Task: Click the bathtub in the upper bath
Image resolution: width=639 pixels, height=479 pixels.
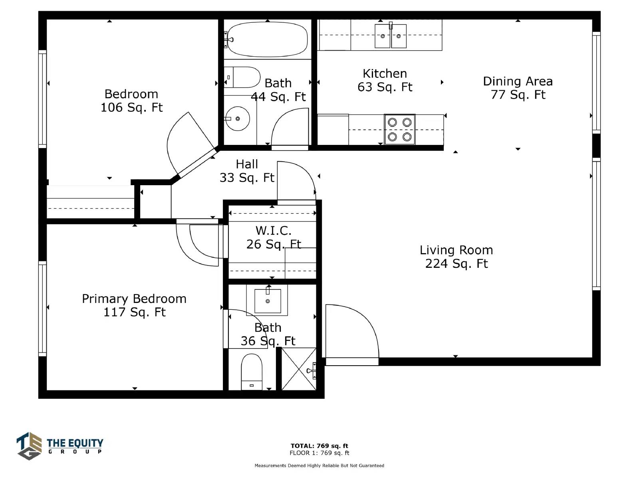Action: tap(267, 39)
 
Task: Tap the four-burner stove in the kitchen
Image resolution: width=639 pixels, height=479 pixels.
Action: tap(399, 129)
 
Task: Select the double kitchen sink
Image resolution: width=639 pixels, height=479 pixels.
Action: tap(390, 36)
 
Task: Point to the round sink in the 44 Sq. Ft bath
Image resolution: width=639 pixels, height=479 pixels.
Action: tap(238, 119)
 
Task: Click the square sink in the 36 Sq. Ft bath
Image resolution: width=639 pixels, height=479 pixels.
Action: tap(268, 301)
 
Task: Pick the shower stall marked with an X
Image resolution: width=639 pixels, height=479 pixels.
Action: tap(299, 369)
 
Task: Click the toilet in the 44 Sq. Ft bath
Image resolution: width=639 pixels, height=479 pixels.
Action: tap(242, 77)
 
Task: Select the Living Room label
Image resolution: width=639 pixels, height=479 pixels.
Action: tap(456, 250)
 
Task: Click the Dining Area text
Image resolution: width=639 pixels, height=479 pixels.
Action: tap(518, 81)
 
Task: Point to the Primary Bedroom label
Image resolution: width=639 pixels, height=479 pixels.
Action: tap(134, 299)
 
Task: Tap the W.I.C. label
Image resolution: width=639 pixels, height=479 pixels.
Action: tap(274, 231)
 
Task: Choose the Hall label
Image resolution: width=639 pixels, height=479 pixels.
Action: tap(247, 164)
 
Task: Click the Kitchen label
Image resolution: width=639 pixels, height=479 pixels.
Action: tap(385, 73)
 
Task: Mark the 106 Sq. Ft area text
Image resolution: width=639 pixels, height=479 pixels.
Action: tap(131, 108)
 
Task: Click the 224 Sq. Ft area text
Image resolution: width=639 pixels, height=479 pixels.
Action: tap(456, 264)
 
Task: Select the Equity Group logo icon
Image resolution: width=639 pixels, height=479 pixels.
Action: tap(29, 446)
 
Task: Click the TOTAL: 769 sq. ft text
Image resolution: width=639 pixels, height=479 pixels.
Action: tap(319, 446)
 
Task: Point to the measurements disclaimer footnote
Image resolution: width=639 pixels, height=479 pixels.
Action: tap(319, 465)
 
